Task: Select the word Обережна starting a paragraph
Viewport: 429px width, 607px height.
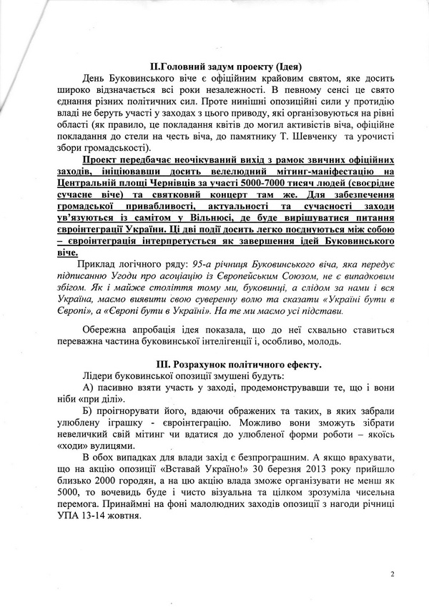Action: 108,330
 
